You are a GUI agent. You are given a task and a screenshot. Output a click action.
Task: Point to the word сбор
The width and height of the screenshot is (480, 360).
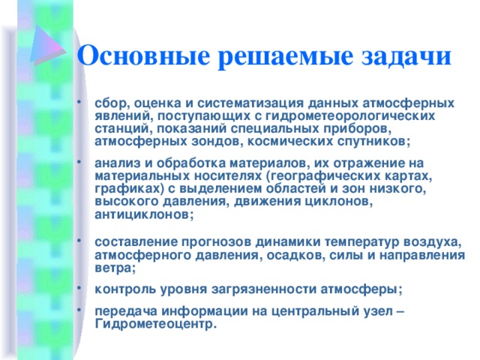[106, 103]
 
